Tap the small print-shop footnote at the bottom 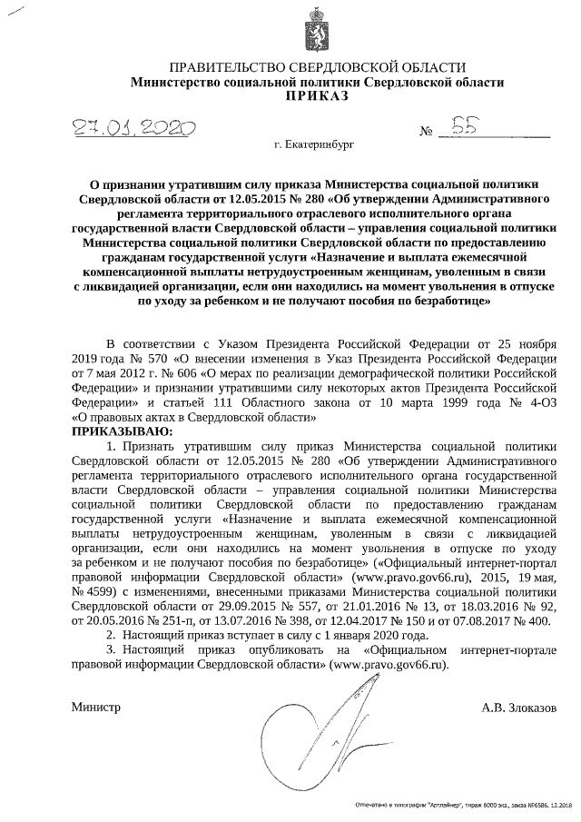pos(457,806)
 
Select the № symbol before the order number pos(426,133)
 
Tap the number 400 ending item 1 pos(537,621)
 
